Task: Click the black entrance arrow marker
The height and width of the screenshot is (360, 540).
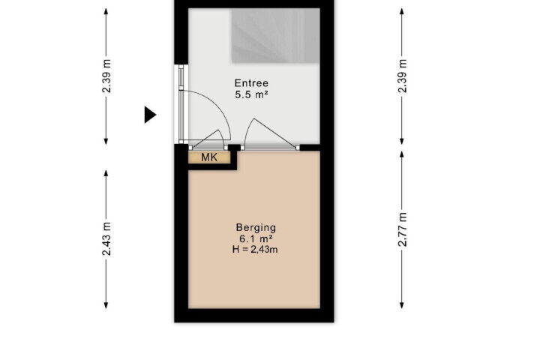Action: click(150, 115)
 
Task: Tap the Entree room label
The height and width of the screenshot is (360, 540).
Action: click(251, 83)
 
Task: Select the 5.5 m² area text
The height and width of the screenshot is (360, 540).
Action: click(251, 94)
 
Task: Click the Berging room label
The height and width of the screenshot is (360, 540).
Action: click(256, 228)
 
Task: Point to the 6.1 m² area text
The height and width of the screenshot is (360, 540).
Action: click(256, 238)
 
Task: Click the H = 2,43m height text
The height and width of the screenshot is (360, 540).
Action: click(255, 250)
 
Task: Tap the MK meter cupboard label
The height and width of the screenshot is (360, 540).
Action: click(209, 157)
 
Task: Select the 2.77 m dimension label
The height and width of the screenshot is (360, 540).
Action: click(403, 229)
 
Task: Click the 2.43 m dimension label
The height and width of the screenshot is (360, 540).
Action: click(106, 238)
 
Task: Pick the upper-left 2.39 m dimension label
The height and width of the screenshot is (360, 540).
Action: click(106, 76)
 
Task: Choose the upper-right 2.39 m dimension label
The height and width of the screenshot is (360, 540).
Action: click(403, 76)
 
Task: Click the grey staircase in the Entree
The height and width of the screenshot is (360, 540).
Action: click(275, 36)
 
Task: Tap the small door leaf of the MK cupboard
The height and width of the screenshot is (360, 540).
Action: click(205, 139)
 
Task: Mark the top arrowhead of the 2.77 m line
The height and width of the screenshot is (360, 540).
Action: click(402, 154)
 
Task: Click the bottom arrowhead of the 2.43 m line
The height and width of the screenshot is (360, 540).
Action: click(106, 305)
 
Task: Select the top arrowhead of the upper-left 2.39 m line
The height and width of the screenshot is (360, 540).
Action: click(106, 11)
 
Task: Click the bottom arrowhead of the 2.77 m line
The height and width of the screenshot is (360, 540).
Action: click(402, 305)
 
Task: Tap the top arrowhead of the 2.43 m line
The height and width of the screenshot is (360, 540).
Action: click(106, 173)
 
